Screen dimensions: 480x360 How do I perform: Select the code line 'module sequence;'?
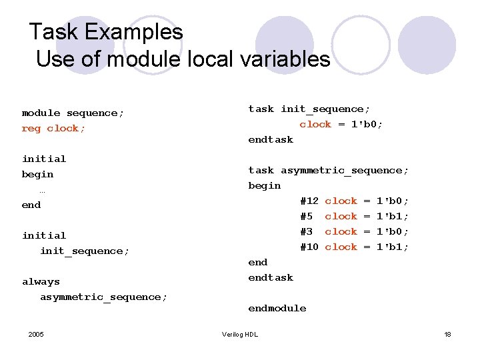click(x=73, y=113)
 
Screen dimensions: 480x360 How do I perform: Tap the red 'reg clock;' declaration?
click(x=53, y=129)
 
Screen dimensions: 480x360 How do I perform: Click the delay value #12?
click(x=309, y=201)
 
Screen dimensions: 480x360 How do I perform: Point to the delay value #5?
click(x=307, y=216)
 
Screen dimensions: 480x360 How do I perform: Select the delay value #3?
click(x=307, y=231)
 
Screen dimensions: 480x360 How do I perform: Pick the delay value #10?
click(x=309, y=247)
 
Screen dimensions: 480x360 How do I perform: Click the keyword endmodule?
click(x=277, y=308)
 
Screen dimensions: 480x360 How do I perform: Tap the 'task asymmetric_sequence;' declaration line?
click(x=329, y=170)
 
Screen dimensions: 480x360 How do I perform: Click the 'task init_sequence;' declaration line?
click(x=309, y=109)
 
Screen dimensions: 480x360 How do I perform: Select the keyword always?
click(x=41, y=282)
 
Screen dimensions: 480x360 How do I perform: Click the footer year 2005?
click(x=36, y=334)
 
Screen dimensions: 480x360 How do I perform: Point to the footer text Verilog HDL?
click(x=240, y=334)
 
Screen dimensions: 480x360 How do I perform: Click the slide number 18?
click(x=447, y=334)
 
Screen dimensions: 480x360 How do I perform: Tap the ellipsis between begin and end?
click(x=43, y=191)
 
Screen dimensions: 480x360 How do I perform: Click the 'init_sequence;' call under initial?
click(x=85, y=251)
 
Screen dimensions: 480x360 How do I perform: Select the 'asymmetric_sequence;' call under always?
click(x=104, y=297)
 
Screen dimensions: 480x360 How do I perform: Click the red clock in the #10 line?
click(x=341, y=247)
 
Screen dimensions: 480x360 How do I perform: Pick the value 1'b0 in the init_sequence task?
click(x=367, y=124)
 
